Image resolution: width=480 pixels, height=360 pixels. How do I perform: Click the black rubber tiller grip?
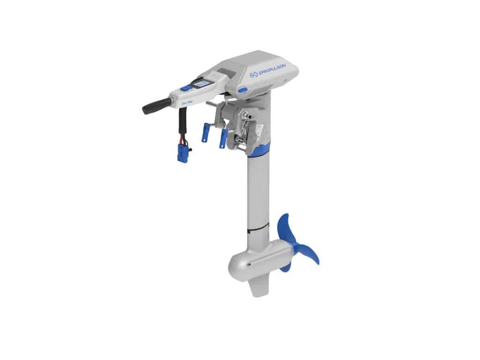[155, 105]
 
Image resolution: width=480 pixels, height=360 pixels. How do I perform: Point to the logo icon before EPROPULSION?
[254, 75]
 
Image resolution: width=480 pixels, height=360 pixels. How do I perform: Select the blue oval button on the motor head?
[242, 90]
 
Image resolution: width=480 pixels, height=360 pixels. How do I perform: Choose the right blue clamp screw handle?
[223, 139]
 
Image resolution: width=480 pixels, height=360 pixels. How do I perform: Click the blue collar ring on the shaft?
[259, 150]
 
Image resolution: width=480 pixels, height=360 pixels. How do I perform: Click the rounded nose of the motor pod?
[235, 268]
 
